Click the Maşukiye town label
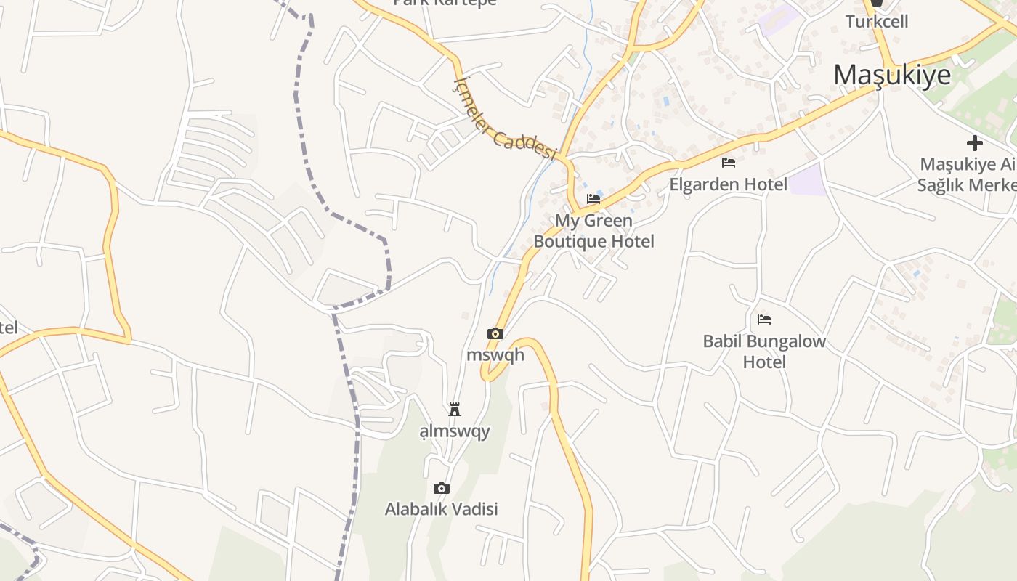pos(891,75)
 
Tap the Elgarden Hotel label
pos(728,184)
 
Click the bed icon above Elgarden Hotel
pos(729,162)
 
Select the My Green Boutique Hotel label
pos(593,230)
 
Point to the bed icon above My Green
pos(593,198)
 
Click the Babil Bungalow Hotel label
pos(764,351)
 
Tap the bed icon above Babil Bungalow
pos(763,319)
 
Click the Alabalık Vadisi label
pos(441,509)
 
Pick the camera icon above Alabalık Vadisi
pos(441,488)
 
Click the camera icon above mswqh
pos(495,333)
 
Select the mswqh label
pos(495,355)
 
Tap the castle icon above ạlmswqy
pos(455,410)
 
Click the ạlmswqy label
pos(455,431)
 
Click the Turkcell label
pos(877,21)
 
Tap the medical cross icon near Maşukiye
pos(974,143)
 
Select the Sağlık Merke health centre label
pos(966,184)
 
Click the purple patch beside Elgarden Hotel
pos(808,180)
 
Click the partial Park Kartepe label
pos(445,3)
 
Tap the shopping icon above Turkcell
pos(877,3)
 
